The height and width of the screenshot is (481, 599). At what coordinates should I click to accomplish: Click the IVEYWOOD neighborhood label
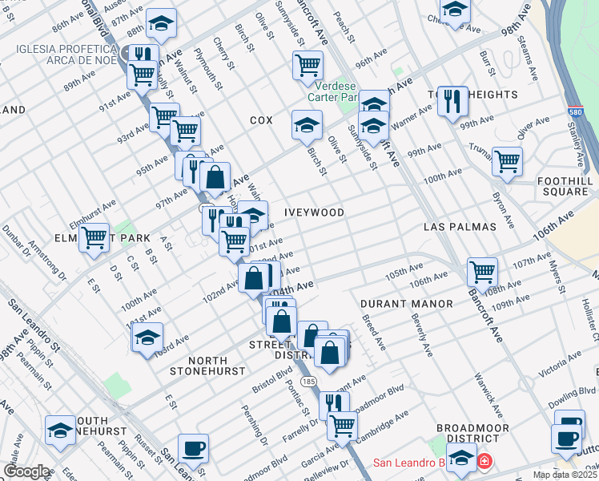pos(314,212)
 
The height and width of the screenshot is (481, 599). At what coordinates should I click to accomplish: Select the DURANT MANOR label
pos(406,304)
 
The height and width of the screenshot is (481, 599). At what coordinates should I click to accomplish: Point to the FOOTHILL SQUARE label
pos(566,185)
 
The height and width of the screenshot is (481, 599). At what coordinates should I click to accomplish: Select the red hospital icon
pos(484,463)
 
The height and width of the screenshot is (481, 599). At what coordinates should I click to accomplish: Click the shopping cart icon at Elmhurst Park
pos(94,237)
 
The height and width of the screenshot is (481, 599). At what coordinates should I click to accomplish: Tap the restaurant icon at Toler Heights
pos(452,101)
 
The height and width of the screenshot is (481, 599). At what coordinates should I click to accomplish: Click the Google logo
pos(26,471)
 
